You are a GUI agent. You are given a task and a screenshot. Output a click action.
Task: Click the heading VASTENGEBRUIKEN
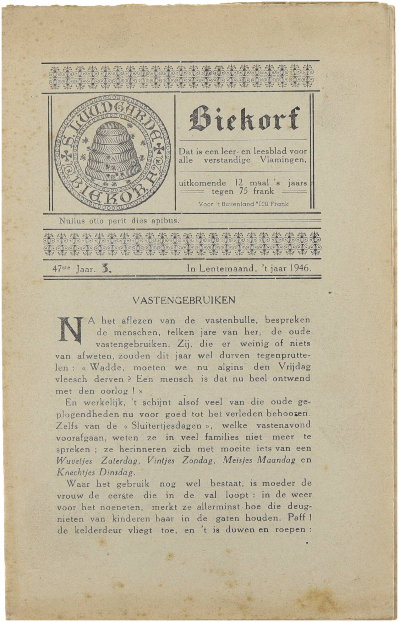pos(184,300)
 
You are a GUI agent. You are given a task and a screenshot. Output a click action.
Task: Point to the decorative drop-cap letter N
pos(71,330)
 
